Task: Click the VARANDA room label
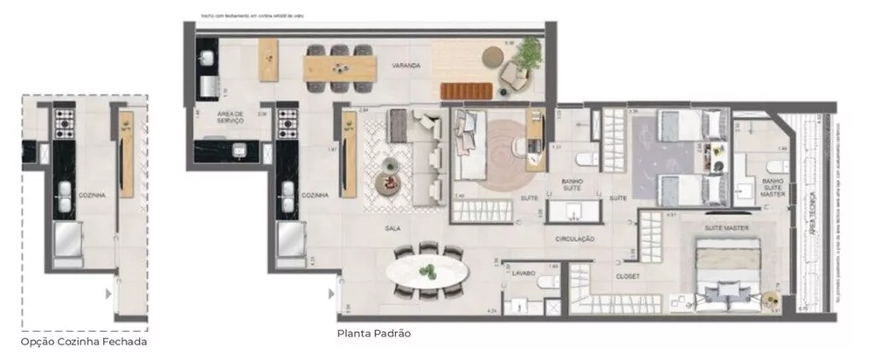[406, 66]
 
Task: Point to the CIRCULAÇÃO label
[574, 239]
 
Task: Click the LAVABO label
[524, 273]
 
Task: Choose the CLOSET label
[628, 276]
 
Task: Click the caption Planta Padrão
[373, 333]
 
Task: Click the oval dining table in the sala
[428, 271]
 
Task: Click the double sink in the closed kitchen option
[66, 197]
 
